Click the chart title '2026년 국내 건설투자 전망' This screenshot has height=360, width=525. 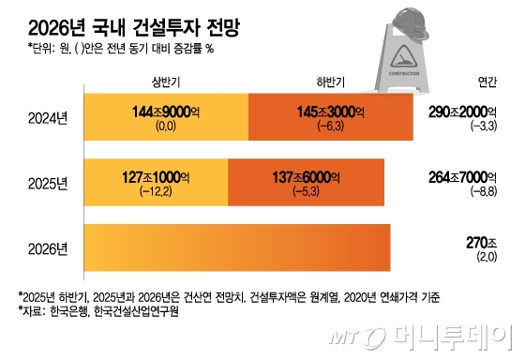pos(134,28)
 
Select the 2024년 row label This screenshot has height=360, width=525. pos(48,118)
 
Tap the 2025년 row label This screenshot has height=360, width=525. pos(48,184)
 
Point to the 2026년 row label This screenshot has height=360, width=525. pos(48,248)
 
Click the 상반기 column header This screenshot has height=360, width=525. pos(166,82)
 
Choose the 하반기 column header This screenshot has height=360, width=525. pos(331,82)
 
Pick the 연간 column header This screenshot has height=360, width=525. pos(487,82)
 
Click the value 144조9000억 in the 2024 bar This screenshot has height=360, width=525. pos(166,112)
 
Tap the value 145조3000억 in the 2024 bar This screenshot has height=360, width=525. pos(331,112)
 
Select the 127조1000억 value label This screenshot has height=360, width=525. pos(156,177)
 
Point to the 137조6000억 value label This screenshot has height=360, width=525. pos(306,177)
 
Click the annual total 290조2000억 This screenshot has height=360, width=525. pos(463,112)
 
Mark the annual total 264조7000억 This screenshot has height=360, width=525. pos(463,177)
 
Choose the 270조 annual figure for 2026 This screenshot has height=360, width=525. pos(482,243)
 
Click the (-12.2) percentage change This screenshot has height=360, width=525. pos(156,191)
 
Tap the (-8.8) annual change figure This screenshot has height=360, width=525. pos(484,191)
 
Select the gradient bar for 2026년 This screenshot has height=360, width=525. pos(237,247)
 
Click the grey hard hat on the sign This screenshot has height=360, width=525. pos(411,22)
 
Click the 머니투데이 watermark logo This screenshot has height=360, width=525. pos(421,337)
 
